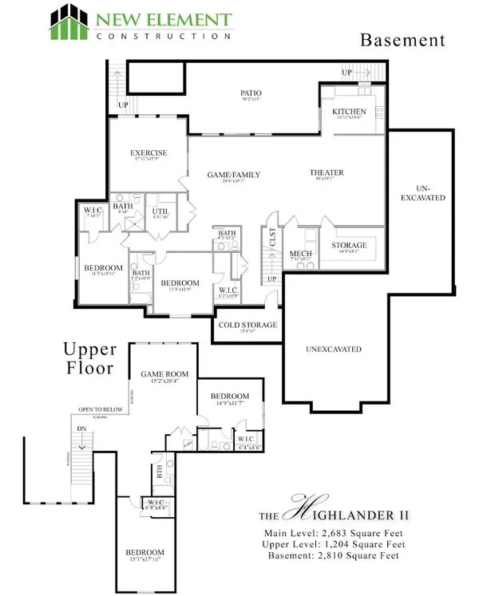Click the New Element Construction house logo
coord(67,22)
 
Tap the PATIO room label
coord(251,93)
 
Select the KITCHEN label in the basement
coord(350,112)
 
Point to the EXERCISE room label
coord(149,152)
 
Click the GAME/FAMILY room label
coord(235,175)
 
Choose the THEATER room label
coord(327,172)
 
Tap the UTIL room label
coord(161,210)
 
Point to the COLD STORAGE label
coord(247,325)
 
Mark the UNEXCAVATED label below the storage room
coord(335,349)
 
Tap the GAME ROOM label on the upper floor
coord(164,373)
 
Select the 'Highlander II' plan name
coord(333,510)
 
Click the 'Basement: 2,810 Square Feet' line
coord(331,555)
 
